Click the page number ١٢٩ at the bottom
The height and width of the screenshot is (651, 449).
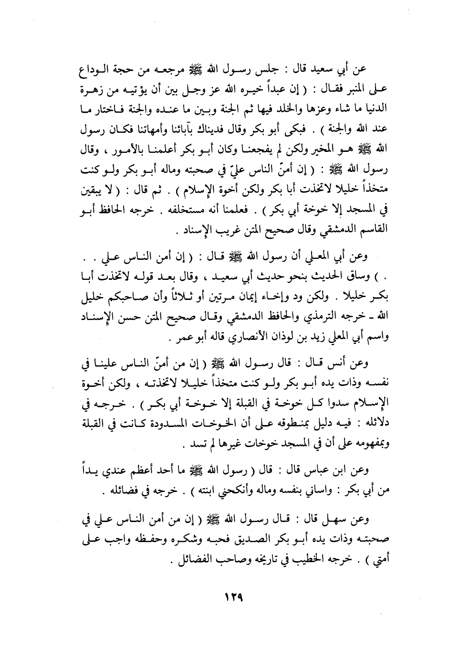point(225,598)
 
